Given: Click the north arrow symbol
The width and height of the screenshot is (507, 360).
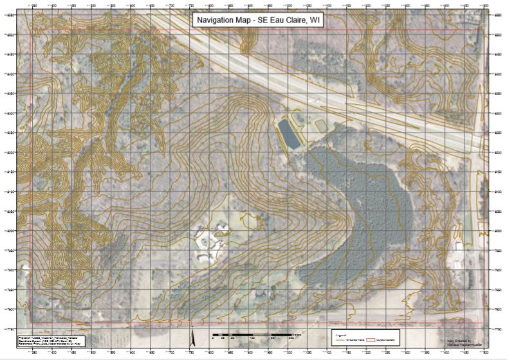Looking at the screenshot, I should pos(192,337).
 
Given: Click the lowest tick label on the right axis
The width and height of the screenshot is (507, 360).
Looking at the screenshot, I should pos(495,328).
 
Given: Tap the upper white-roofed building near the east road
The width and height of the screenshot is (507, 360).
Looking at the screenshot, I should pos(459,246).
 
